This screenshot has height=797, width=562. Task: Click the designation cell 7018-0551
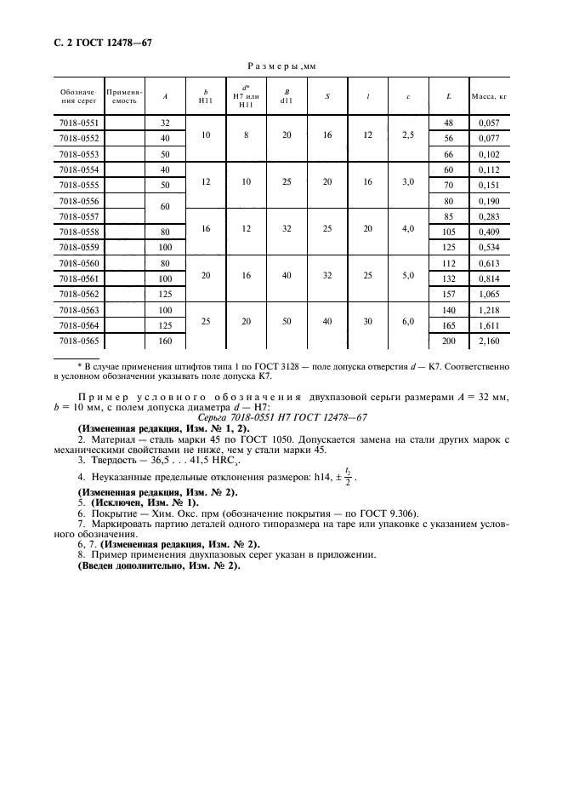click(x=78, y=123)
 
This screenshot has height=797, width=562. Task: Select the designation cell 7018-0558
click(x=78, y=232)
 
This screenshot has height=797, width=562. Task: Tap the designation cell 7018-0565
click(x=78, y=341)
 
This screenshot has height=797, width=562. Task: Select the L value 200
click(x=448, y=341)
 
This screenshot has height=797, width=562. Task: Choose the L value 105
click(x=448, y=232)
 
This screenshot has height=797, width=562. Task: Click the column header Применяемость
click(x=124, y=96)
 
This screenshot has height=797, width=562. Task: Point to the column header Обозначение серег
click(x=78, y=96)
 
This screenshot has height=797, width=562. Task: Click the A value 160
click(x=165, y=341)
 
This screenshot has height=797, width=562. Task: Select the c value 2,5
click(x=408, y=138)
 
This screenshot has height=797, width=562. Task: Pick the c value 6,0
click(x=408, y=321)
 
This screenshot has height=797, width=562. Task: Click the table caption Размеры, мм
click(x=281, y=65)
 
